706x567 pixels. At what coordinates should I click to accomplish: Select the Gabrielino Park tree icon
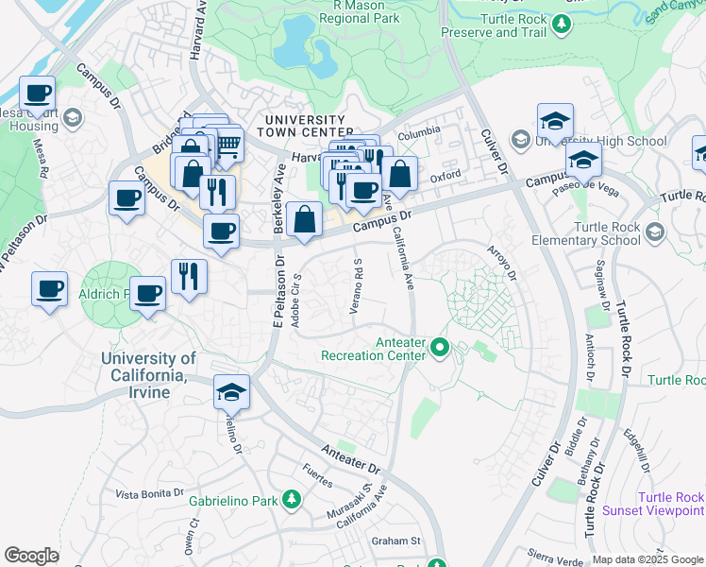click(293, 500)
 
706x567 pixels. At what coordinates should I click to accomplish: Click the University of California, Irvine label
click(149, 375)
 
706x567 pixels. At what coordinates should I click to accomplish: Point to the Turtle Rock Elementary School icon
click(652, 232)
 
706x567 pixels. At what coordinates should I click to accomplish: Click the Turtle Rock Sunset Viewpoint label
click(670, 504)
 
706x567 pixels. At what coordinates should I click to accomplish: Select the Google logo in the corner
click(31, 556)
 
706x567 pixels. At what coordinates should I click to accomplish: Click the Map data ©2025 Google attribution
click(647, 559)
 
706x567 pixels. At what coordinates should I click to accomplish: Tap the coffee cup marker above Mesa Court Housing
click(38, 94)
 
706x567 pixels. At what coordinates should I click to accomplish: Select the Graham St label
click(395, 541)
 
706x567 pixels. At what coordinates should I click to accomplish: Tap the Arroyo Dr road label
click(501, 264)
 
